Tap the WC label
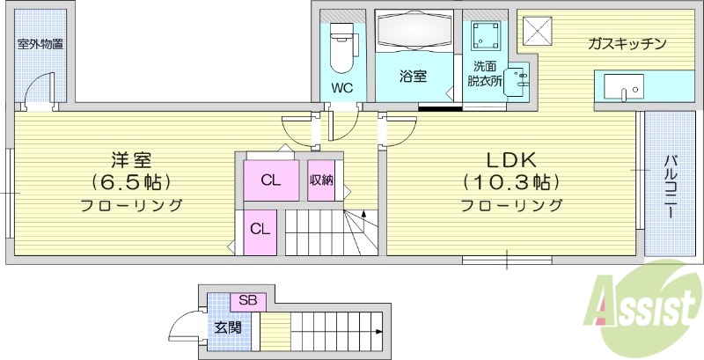(343, 88)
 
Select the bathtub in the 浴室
(414, 34)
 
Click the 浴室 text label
(414, 77)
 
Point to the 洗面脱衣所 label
(484, 73)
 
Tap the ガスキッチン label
(627, 43)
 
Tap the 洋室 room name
(132, 160)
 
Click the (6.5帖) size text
(132, 182)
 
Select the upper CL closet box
(271, 180)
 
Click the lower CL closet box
(260, 228)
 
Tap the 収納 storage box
(321, 180)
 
